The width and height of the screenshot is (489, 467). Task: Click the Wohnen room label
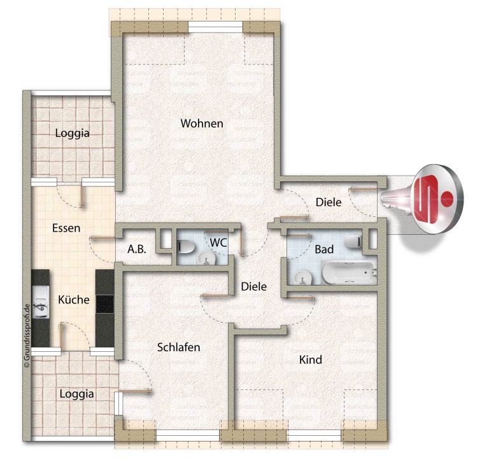tap(202, 123)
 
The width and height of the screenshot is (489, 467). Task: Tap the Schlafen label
tap(178, 347)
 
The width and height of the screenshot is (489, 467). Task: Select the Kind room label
tap(310, 359)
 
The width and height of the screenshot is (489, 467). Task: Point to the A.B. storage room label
tap(137, 249)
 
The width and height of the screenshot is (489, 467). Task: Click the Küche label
tap(74, 300)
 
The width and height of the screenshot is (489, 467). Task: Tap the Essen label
tap(66, 228)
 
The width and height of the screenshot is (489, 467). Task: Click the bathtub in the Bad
tap(349, 272)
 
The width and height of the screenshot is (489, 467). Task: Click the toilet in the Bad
tap(353, 241)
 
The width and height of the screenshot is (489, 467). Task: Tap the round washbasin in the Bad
tap(303, 277)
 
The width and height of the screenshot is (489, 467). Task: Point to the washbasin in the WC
tap(206, 258)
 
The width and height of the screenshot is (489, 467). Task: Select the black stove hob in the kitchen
tap(105, 303)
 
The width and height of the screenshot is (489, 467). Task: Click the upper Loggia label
tap(73, 133)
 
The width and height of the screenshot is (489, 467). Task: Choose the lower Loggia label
tap(76, 394)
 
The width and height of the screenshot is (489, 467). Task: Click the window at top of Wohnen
tap(215, 27)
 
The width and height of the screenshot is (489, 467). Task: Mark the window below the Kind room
tap(314, 435)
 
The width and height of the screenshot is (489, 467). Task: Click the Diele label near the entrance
tap(329, 202)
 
